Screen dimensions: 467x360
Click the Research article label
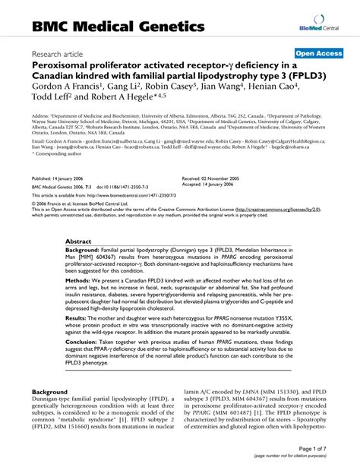coord(59,55)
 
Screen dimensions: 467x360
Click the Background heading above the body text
coord(54,392)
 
